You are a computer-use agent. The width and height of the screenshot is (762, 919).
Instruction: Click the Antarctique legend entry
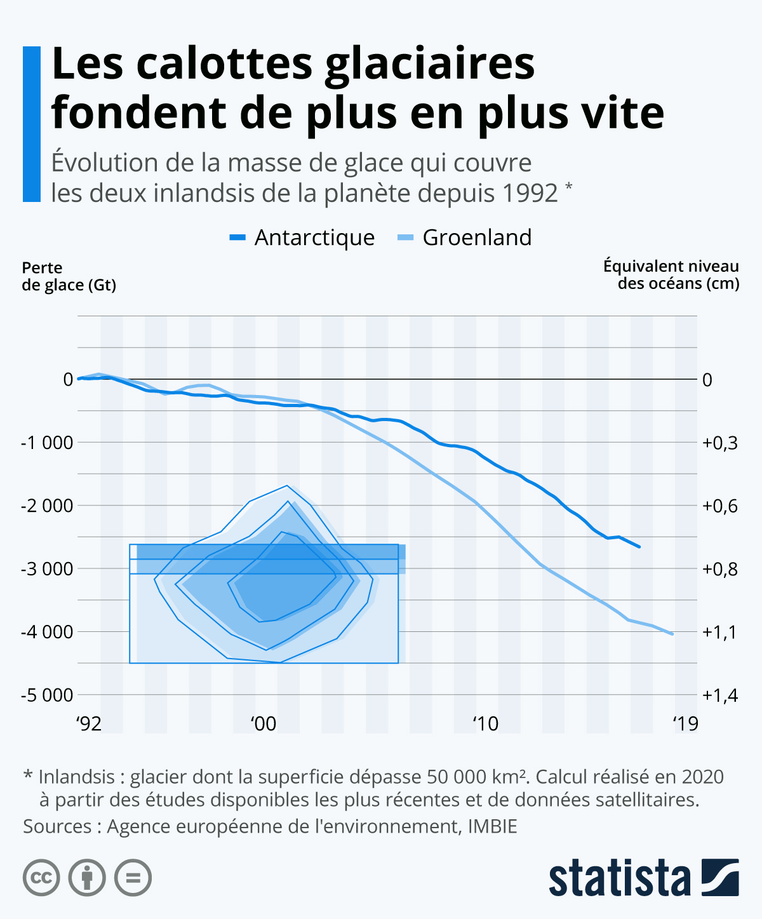pos(302,238)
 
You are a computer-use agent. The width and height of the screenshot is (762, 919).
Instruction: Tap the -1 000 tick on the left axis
pos(48,443)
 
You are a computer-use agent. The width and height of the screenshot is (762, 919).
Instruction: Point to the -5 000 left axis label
pos(48,695)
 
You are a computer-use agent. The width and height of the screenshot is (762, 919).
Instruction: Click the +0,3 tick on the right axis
pos(720,443)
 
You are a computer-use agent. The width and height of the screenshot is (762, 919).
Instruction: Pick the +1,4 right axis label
pos(720,695)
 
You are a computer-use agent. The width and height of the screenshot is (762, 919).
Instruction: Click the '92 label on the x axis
pos(89,723)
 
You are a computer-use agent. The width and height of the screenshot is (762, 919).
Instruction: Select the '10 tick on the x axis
pos(485,723)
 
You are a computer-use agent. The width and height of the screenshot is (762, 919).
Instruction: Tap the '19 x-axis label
pos(685,723)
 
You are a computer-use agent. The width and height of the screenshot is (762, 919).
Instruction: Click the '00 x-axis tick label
pos(263,723)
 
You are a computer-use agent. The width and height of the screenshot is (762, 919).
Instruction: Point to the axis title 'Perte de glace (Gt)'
pos(69,276)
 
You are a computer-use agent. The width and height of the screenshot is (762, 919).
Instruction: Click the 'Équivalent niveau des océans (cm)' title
pos(671,274)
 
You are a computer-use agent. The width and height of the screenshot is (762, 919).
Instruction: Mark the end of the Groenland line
pos(672,634)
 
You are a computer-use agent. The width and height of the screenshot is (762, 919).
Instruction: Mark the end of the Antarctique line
pos(639,546)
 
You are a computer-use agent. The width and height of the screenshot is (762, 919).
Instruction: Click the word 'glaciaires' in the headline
pos(430,65)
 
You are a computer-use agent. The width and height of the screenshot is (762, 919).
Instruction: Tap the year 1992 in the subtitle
pos(530,193)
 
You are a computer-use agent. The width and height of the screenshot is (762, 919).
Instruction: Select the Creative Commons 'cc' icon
pos(41,878)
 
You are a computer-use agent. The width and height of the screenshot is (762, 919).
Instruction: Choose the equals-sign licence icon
pos(133,878)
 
